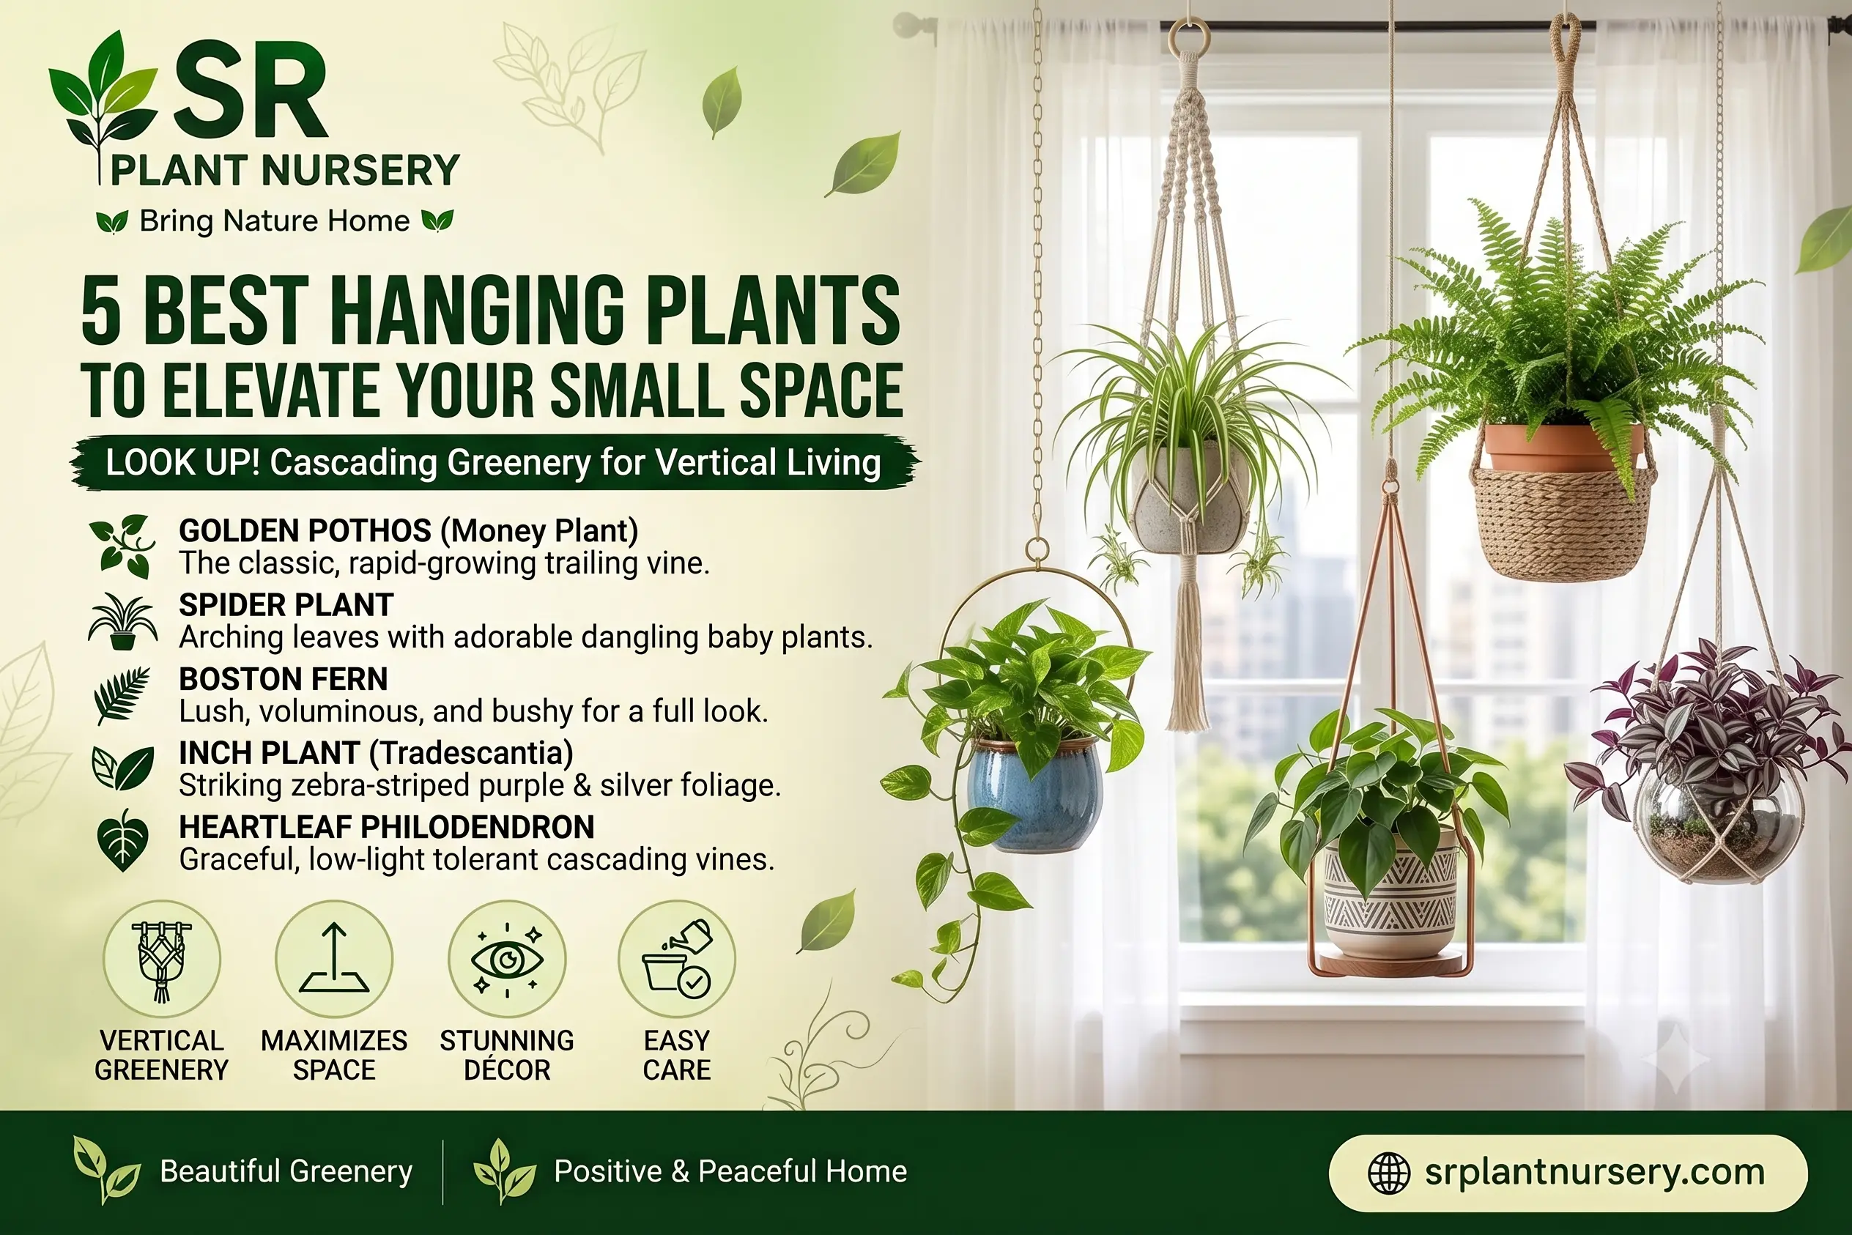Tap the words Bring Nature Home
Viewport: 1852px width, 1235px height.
274,221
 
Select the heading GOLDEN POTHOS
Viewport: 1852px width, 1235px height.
305,530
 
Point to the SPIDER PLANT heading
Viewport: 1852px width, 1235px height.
286,605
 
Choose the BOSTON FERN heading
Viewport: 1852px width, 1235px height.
283,679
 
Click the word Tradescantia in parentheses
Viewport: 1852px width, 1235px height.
471,754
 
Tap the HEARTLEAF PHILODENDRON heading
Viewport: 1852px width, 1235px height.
386,827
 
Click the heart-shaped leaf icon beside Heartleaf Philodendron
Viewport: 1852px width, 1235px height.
122,840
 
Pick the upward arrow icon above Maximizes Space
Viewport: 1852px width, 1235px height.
334,958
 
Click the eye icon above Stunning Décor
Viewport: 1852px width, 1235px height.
506,960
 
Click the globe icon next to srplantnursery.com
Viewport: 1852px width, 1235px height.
1389,1173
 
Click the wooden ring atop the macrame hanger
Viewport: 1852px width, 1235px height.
1189,36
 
